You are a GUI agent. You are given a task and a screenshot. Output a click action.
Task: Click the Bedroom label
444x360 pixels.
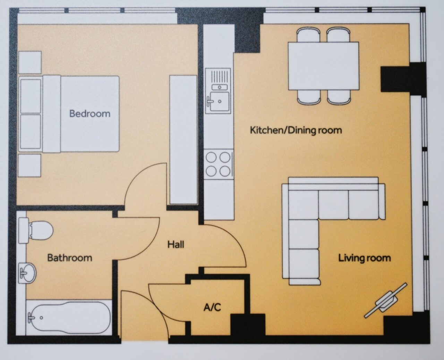point(89,114)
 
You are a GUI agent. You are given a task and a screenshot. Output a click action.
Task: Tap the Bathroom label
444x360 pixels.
point(70,258)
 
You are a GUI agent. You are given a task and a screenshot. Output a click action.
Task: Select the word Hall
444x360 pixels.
point(176,244)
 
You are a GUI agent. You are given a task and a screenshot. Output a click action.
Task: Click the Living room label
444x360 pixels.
point(364,258)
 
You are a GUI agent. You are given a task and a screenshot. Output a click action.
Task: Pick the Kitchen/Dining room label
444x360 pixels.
point(296,131)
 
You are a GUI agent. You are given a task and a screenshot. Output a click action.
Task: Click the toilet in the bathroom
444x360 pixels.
point(36,231)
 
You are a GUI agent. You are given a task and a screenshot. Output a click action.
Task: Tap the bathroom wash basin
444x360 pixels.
point(27,273)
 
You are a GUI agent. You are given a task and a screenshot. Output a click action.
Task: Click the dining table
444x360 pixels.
point(324,66)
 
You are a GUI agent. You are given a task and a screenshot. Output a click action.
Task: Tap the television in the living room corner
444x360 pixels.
point(385,303)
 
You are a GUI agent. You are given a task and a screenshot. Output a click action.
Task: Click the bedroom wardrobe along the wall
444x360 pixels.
point(183,140)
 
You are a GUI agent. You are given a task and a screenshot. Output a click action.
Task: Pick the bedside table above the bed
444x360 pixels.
point(30,62)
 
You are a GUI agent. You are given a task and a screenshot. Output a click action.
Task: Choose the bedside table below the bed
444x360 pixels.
point(29,165)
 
